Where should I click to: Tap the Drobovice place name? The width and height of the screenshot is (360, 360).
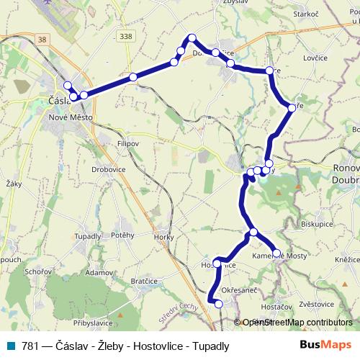point(109,169)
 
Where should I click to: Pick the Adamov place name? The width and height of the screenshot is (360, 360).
point(99,274)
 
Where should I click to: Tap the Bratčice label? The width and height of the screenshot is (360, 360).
point(144,282)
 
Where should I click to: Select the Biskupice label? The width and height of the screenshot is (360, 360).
point(318,224)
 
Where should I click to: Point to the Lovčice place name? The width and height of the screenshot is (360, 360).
point(316,58)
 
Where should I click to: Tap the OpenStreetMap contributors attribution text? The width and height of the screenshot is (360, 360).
point(297,323)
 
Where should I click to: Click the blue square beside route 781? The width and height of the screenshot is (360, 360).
point(13,345)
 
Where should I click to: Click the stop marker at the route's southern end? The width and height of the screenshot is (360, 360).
point(219,304)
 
